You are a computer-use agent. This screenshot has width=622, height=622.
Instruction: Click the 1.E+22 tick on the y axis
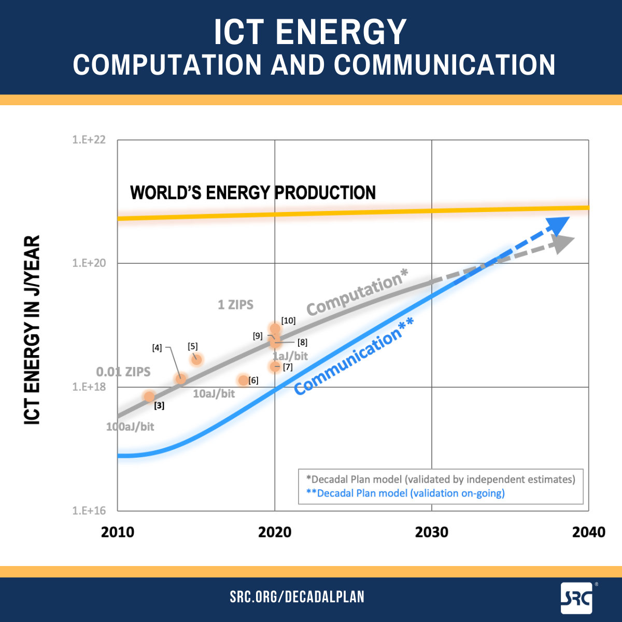(89, 140)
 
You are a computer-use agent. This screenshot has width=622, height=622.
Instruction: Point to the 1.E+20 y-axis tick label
(89, 263)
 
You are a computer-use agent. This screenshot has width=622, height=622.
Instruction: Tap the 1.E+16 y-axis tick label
(89, 511)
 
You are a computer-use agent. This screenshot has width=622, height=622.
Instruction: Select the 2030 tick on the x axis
(432, 532)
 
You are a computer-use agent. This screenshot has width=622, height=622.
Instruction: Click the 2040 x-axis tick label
(588, 532)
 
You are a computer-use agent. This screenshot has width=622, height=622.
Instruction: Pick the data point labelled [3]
(149, 397)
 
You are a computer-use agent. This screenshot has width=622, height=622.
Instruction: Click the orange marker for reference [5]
(196, 359)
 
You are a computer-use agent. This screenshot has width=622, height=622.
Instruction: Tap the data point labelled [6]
(244, 380)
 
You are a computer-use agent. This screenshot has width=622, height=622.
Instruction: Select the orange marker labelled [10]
(275, 329)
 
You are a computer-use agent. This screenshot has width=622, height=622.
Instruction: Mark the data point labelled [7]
(275, 367)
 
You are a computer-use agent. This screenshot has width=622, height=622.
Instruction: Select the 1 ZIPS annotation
(235, 305)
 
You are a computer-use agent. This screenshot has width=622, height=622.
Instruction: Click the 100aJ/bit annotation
(130, 427)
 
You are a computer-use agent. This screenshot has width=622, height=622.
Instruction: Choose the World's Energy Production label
(253, 193)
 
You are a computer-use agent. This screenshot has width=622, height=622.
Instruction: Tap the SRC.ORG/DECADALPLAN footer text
(297, 597)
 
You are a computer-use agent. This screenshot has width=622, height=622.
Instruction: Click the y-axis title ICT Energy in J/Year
(32, 330)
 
